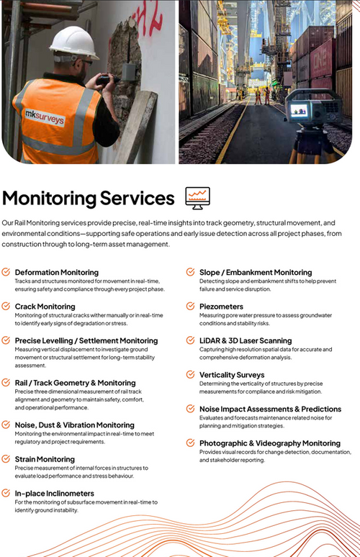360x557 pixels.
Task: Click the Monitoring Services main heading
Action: tap(89, 198)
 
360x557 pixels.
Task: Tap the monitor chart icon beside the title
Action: tap(197, 197)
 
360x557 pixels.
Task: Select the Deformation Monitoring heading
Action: tap(57, 273)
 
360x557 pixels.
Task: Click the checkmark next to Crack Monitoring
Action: tap(6, 307)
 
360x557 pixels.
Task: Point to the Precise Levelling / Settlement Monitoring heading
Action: tap(86, 341)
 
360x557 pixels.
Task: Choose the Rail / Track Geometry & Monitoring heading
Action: tap(75, 383)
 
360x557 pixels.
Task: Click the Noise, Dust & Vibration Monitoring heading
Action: tap(75, 425)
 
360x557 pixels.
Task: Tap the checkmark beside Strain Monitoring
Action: tap(6, 458)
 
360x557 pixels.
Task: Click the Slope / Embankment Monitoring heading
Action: tap(256, 273)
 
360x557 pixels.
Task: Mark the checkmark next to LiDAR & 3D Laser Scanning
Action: tap(191, 340)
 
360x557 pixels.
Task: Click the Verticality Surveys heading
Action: tap(232, 375)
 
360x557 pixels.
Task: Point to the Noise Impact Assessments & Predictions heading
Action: tap(270, 409)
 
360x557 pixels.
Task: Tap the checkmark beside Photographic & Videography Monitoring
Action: tap(191, 443)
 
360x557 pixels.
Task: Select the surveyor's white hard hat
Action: tap(73, 43)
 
